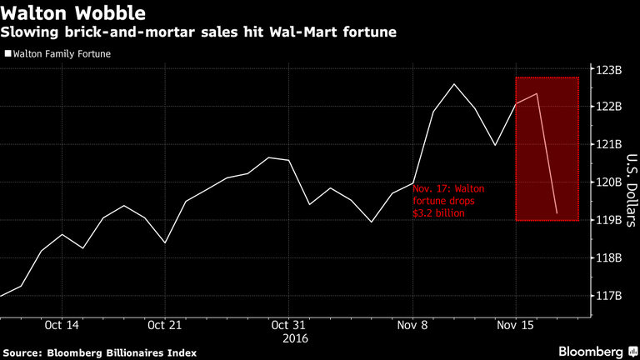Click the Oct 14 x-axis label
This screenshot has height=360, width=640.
[x=62, y=325]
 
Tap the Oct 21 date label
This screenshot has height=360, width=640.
[x=165, y=325]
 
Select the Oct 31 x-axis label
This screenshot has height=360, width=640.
[x=287, y=325]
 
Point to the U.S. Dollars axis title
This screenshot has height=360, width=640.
[x=631, y=182]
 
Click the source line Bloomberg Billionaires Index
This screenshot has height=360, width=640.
[x=99, y=352]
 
